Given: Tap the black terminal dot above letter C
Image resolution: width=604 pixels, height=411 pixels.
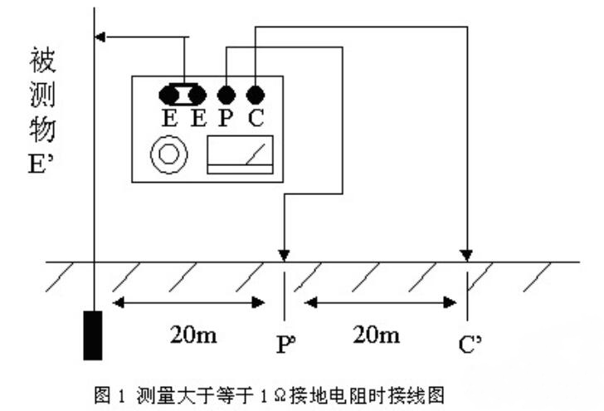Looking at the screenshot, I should [256, 93].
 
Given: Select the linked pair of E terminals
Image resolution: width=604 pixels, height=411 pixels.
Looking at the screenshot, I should [183, 93].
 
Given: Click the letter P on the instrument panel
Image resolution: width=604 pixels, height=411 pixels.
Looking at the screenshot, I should [225, 118].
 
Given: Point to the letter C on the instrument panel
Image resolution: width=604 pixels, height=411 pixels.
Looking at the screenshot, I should [256, 118].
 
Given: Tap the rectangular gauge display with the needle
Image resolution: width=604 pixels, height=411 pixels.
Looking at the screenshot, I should [240, 154].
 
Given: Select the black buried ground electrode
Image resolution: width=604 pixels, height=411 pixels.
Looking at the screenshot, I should [93, 335].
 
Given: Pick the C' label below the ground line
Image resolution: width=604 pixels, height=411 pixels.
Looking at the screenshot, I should [469, 340].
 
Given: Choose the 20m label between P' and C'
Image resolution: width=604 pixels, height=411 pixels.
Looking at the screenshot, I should [376, 335].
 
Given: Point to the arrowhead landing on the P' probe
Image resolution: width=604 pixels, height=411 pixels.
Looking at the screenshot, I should [285, 253].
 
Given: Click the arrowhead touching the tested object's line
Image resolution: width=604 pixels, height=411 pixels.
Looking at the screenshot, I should [102, 36].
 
